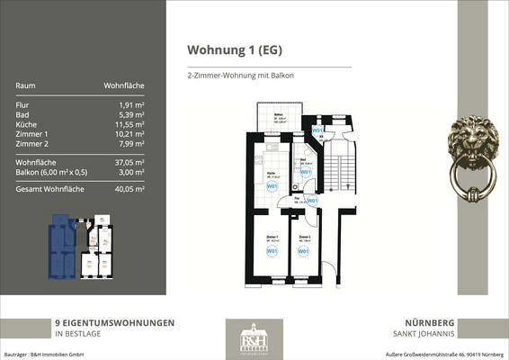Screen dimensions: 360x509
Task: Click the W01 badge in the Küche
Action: click(x=272, y=186)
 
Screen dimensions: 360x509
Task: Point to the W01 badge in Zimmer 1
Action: click(x=271, y=251)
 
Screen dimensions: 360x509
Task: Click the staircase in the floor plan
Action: click(x=343, y=167)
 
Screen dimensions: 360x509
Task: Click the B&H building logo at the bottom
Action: click(x=254, y=338)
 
